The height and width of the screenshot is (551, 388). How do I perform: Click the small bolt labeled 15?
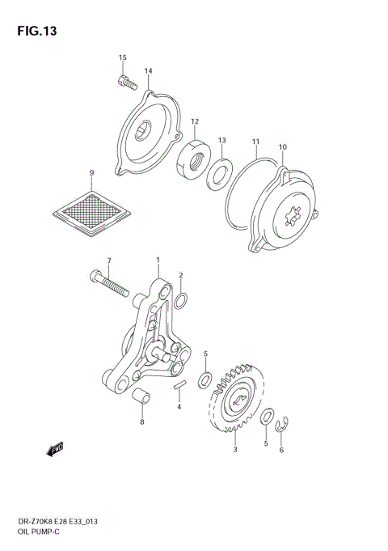click(x=124, y=81)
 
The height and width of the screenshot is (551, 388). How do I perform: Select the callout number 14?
click(x=149, y=71)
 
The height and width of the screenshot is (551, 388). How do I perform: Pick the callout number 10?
click(x=282, y=147)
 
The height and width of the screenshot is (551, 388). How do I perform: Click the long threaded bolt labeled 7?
click(x=113, y=286)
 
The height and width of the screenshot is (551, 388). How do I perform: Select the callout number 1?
click(x=158, y=261)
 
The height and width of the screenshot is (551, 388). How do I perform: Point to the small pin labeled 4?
click(x=180, y=386)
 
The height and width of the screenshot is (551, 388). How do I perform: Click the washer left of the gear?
click(x=207, y=378)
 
